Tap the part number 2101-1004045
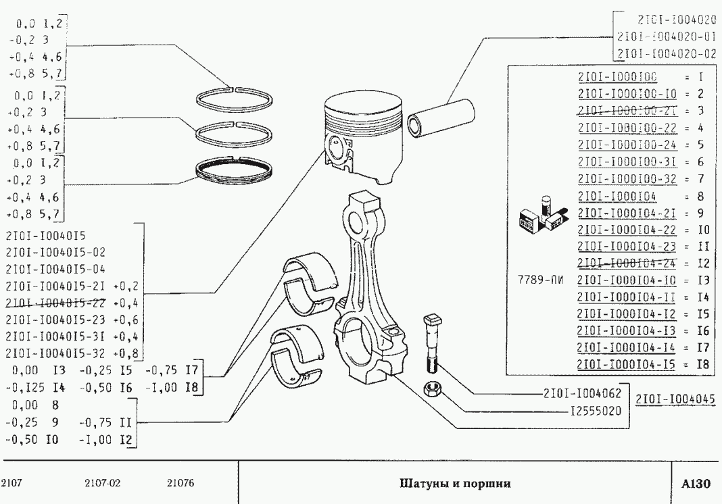pos(675,399)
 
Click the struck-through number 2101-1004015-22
pos(55,301)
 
